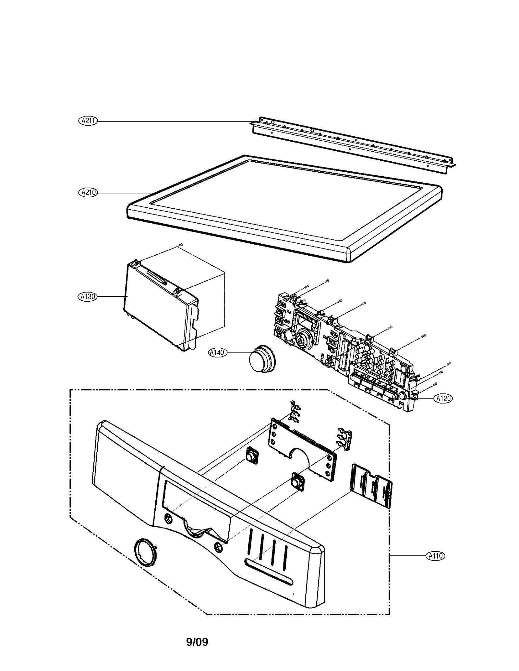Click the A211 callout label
(88, 121)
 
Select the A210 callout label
(88, 192)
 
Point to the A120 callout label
(443, 399)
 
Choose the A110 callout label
(435, 556)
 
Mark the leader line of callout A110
(407, 556)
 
